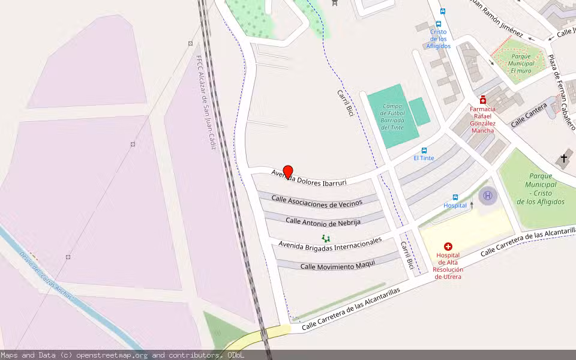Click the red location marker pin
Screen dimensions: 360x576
287,172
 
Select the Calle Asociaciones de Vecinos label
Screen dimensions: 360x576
317,202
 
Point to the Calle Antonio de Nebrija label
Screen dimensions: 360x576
323,221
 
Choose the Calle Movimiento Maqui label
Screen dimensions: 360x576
337,264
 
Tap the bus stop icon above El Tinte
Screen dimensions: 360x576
424,150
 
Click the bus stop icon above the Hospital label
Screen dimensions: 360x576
455,197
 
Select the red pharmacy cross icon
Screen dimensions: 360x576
482,100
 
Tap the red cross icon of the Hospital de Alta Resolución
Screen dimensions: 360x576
448,247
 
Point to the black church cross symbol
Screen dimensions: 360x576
563,158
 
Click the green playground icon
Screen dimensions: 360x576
325,238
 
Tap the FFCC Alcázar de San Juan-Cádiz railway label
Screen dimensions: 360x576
206,102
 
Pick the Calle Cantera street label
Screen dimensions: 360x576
529,115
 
